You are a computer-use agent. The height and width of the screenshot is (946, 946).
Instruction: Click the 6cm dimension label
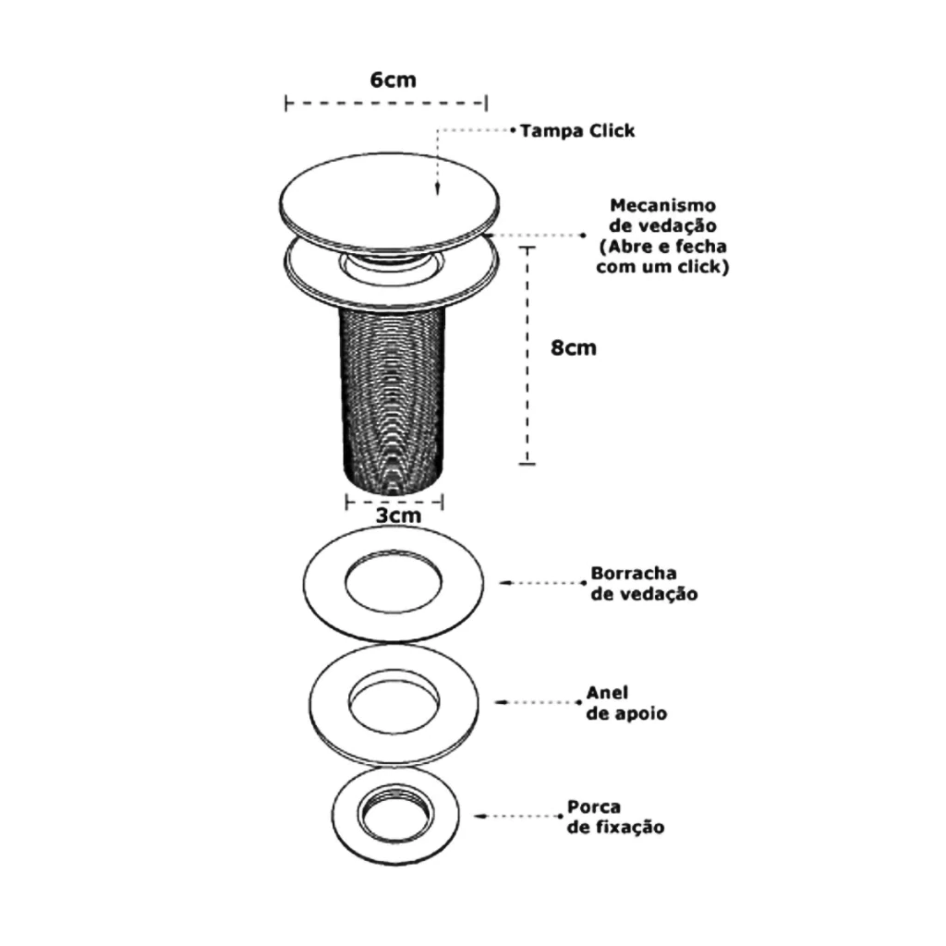393,79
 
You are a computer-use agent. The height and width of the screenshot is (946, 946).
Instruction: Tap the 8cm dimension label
573,347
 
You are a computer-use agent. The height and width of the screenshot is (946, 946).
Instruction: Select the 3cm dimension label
398,515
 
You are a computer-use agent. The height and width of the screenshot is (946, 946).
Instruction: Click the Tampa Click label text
577,131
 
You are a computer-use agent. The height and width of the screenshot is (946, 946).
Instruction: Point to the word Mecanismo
662,205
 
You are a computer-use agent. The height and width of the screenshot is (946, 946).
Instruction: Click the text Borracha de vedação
644,584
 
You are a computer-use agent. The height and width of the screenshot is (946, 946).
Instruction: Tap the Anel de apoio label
626,703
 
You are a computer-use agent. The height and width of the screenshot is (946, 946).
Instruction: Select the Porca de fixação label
615,817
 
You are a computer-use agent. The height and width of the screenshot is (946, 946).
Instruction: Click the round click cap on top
389,201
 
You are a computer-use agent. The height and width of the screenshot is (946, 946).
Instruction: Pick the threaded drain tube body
394,398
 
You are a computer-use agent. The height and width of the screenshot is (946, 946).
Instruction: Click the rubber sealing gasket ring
394,584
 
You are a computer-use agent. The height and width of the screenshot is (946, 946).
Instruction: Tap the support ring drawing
394,704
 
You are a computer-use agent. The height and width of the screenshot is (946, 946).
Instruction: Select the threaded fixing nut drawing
395,816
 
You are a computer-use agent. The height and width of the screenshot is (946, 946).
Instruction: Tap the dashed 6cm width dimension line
386,103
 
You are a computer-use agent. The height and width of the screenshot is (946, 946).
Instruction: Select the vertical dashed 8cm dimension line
528,356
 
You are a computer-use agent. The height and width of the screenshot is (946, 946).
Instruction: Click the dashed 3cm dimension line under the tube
394,502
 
